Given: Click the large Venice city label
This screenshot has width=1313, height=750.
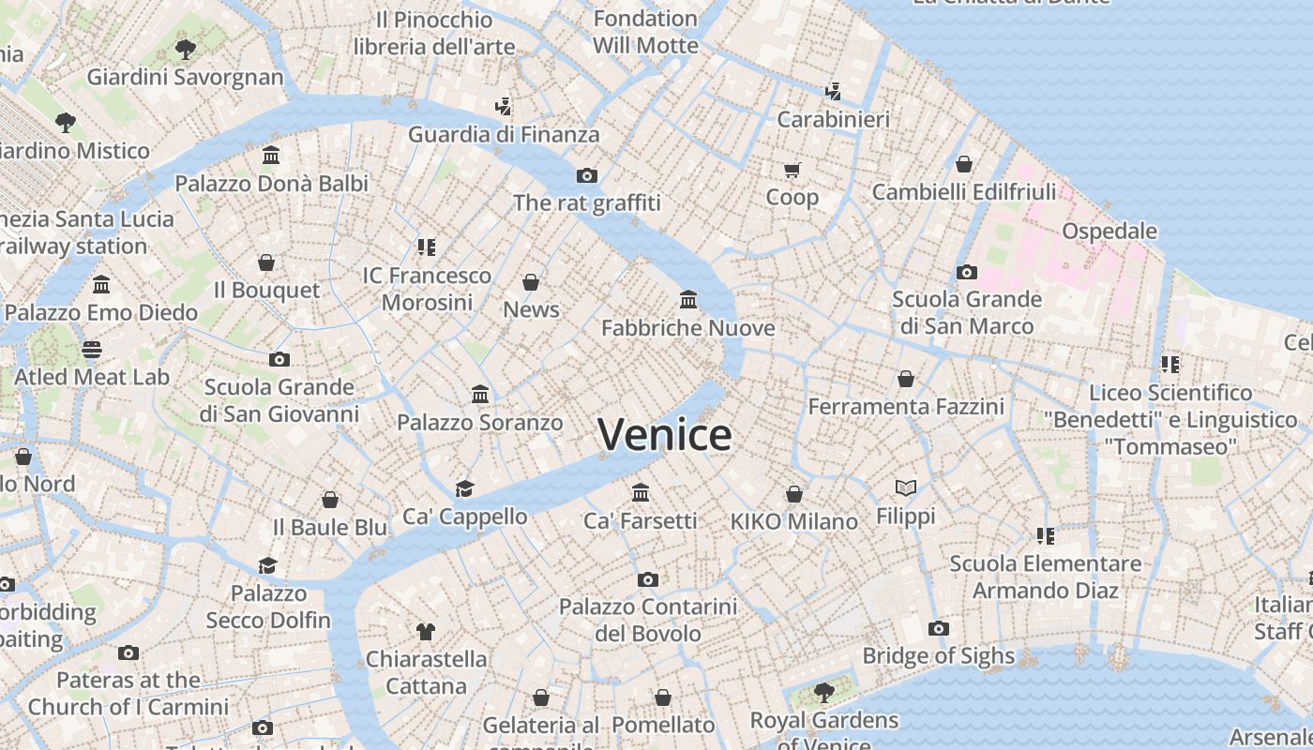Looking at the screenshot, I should (x=664, y=435).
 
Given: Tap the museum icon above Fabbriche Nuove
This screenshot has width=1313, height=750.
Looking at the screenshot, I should (x=688, y=300).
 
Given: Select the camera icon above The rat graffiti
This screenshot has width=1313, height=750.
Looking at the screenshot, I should (x=587, y=175).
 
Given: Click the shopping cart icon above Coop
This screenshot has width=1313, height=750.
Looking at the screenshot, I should (x=792, y=170).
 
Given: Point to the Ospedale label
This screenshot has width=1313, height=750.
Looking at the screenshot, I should (x=1109, y=231).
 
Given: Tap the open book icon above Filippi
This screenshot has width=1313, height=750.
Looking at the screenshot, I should (x=905, y=487).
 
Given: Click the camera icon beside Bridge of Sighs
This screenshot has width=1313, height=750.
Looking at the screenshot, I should (x=939, y=628).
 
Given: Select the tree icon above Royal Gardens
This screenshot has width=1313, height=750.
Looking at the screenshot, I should (x=824, y=693).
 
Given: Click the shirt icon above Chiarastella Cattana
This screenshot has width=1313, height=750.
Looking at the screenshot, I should (x=426, y=631).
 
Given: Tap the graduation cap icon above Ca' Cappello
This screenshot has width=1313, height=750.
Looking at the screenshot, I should (x=464, y=488).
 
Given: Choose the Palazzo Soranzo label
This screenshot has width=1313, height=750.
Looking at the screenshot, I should (x=480, y=423).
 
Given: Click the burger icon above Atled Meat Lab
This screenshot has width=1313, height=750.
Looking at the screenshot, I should (x=92, y=350).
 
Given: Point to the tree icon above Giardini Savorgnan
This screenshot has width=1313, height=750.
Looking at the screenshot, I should (x=186, y=49).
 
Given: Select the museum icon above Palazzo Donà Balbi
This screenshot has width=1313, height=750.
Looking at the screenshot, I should (x=271, y=155).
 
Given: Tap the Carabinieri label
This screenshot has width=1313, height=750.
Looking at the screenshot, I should (x=833, y=119).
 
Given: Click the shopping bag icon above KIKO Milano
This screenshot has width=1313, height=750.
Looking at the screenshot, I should (x=794, y=494).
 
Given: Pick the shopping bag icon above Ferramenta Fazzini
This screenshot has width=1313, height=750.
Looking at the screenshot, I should (x=906, y=379).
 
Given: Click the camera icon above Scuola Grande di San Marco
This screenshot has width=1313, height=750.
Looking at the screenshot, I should (x=967, y=272).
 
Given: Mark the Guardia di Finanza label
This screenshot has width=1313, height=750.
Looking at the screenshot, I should (x=504, y=134).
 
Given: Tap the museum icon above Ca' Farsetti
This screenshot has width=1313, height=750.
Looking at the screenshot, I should (x=641, y=492).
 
